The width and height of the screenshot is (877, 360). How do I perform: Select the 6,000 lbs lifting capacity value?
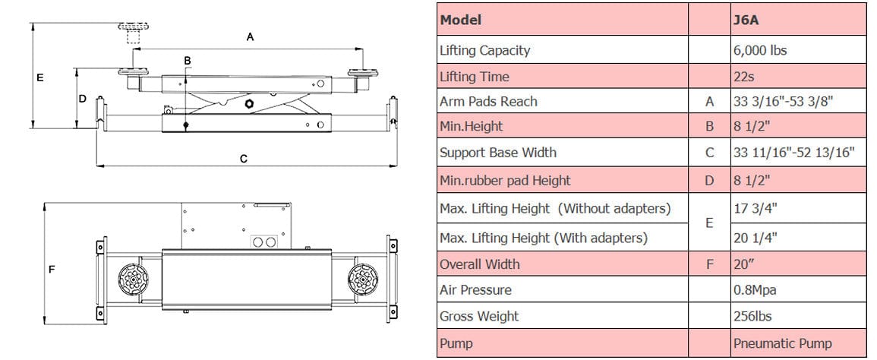coord(760,50)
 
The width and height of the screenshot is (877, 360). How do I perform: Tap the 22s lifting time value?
coord(744,77)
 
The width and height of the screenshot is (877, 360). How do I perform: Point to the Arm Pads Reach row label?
coord(488,101)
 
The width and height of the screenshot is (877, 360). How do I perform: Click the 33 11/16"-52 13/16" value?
coord(794,153)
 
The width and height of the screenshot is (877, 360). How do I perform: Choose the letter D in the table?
coord(710,180)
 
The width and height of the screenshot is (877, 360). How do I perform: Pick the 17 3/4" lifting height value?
coord(756,208)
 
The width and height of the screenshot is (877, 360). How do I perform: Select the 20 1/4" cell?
coord(756,238)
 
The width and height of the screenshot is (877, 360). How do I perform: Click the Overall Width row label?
coord(480,264)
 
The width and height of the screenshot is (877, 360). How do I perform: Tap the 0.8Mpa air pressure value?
coord(755,290)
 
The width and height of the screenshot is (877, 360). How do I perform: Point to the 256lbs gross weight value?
coord(752,316)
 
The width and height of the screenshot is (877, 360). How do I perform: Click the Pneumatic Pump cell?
coord(783,343)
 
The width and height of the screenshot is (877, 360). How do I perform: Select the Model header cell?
coord(460,21)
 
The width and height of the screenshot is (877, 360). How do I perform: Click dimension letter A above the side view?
coord(250,37)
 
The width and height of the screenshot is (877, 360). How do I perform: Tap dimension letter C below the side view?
coord(243,159)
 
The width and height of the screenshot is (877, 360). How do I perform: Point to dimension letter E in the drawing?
coord(40,77)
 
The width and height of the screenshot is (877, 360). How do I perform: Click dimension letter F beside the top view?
coord(52,270)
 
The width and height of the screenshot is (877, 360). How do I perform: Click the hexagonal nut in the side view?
coord(250,104)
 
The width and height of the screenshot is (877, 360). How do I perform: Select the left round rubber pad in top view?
coord(132,278)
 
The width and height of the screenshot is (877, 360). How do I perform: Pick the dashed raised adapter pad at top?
coord(133,33)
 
